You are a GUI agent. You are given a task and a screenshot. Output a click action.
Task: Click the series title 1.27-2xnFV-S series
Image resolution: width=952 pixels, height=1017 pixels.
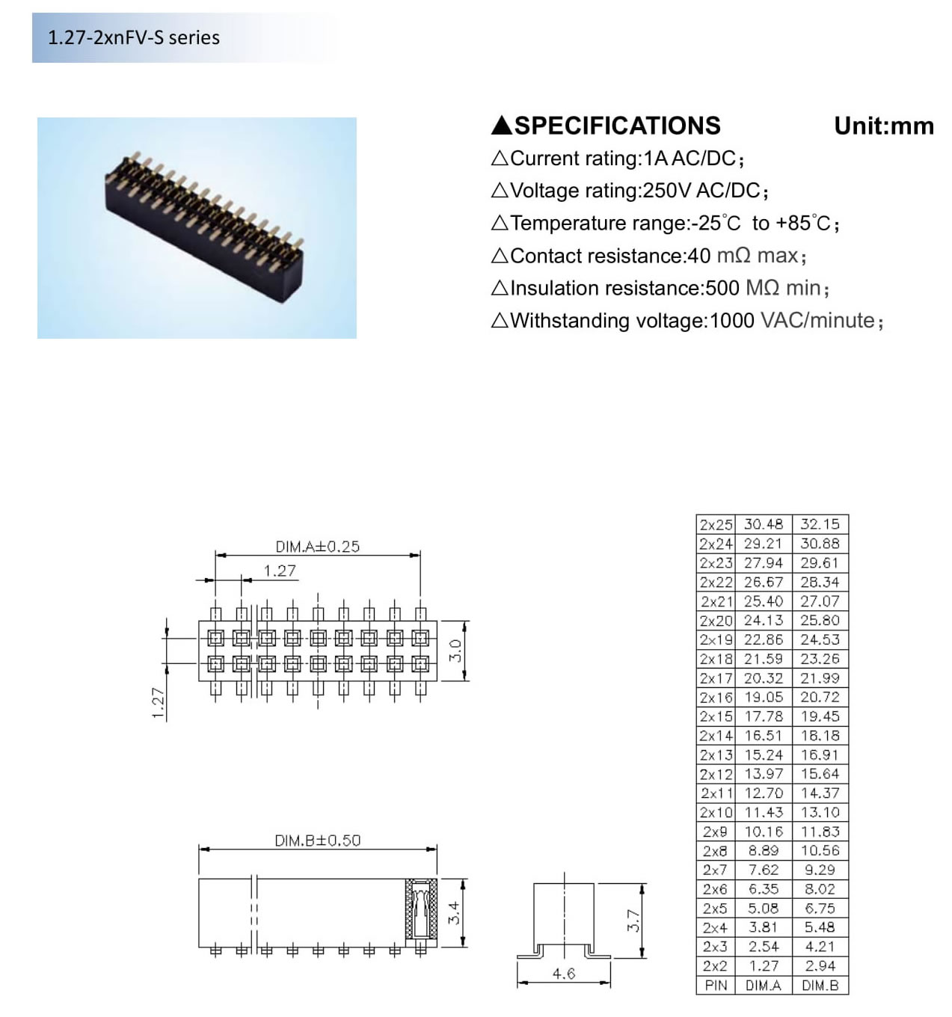click(134, 37)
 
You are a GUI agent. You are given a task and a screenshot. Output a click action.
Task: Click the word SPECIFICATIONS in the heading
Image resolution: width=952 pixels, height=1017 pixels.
click(617, 126)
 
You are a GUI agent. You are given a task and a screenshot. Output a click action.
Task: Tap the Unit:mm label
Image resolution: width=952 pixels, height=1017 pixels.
click(883, 126)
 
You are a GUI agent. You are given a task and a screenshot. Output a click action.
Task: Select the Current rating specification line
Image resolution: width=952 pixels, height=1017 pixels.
click(618, 159)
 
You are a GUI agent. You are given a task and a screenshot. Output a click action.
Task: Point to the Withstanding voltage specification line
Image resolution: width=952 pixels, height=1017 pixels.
click(687, 321)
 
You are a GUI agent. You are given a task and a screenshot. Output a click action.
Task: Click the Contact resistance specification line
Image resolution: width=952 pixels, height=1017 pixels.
click(648, 256)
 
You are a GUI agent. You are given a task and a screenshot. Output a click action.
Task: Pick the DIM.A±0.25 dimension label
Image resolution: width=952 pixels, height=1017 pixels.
click(317, 547)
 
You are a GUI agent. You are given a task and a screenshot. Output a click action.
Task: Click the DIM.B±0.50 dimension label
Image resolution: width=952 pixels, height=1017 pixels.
click(317, 841)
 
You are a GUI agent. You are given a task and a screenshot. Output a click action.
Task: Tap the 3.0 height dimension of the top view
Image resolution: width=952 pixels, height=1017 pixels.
click(455, 651)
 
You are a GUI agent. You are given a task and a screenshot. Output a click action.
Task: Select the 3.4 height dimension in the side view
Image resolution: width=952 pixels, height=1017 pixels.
click(454, 912)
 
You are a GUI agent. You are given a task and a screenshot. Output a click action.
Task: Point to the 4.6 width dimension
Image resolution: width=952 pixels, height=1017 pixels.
click(563, 974)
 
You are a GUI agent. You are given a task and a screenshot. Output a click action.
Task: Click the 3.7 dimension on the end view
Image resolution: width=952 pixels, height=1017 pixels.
click(633, 920)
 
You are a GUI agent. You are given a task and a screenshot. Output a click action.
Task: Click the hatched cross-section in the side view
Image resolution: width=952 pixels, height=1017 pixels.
click(421, 909)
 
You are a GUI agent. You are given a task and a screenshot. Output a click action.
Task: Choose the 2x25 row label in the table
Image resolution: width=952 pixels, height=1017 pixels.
click(716, 525)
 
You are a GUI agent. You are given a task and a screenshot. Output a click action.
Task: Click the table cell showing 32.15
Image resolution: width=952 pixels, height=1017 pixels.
click(820, 525)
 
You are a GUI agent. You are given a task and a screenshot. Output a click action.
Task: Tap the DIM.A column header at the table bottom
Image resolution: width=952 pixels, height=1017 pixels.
click(763, 986)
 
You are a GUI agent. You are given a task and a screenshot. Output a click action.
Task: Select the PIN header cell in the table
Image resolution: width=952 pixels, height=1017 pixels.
click(716, 986)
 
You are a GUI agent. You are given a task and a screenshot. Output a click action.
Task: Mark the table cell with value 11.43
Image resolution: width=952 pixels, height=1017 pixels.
click(763, 813)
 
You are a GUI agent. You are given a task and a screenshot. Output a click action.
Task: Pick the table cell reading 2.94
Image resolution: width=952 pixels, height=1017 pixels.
click(820, 966)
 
